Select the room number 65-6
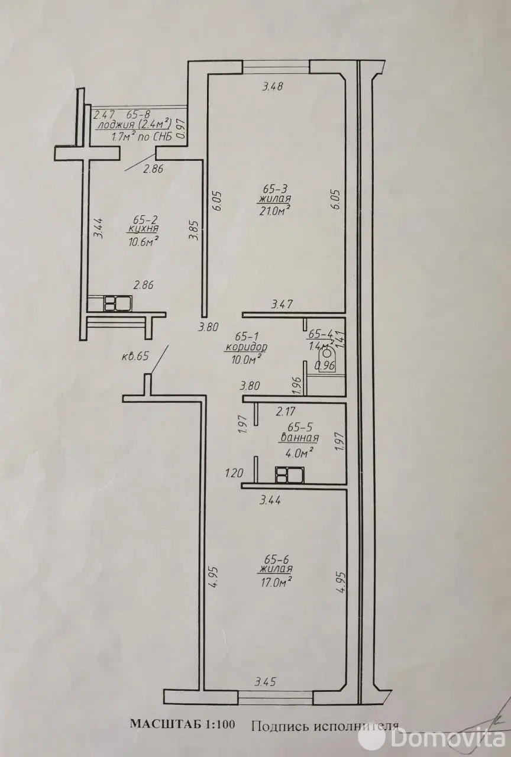(276, 558)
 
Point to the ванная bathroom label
(299, 438)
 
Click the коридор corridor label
(246, 347)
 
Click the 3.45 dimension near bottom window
(266, 682)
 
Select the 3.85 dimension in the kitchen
(192, 230)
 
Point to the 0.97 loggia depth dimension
(182, 130)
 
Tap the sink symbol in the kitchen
(118, 303)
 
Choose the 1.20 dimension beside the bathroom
(234, 473)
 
